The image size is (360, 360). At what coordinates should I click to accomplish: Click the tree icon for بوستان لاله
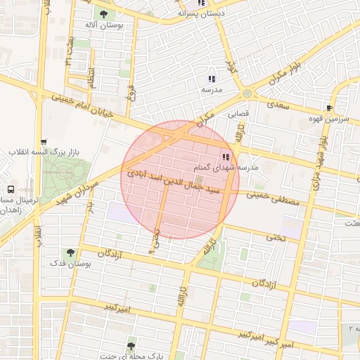click(105, 13)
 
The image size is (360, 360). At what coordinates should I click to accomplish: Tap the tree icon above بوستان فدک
click(70, 252)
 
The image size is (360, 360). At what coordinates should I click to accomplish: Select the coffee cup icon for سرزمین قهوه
click(329, 107)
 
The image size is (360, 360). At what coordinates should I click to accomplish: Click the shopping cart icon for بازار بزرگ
click(44, 141)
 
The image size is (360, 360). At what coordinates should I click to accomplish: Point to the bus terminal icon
click(11, 189)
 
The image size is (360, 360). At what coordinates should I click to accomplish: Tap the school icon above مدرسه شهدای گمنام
click(226, 157)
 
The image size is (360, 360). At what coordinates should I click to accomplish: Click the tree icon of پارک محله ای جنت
click(130, 345)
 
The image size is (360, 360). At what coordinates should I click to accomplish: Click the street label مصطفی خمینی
click(274, 198)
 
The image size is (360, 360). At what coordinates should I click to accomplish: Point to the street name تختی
click(275, 238)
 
